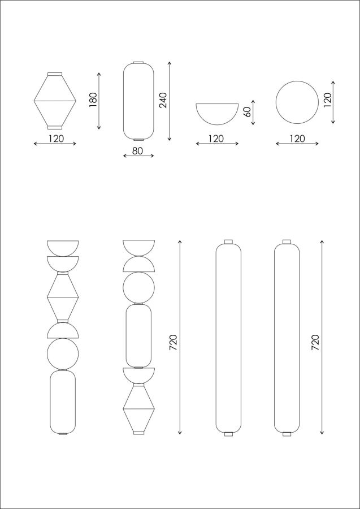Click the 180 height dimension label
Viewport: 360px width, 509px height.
click(93, 100)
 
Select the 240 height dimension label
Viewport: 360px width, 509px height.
click(163, 100)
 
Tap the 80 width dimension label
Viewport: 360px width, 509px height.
click(137, 151)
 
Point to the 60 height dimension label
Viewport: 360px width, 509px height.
click(246, 112)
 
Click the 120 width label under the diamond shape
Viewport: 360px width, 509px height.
click(56, 139)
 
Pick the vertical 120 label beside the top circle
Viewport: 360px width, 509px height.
click(327, 100)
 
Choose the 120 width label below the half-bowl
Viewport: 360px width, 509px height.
click(216, 139)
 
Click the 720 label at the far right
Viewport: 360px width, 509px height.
click(315, 342)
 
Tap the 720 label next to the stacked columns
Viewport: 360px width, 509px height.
click(174, 342)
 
